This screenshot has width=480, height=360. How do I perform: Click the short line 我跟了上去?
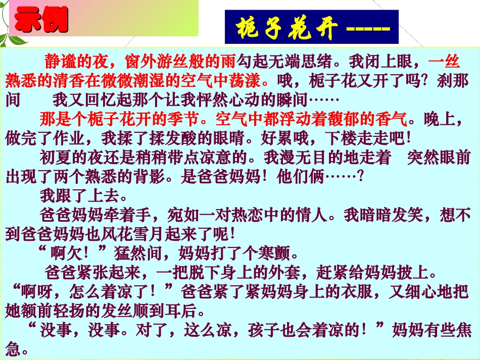click(x=80, y=194)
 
